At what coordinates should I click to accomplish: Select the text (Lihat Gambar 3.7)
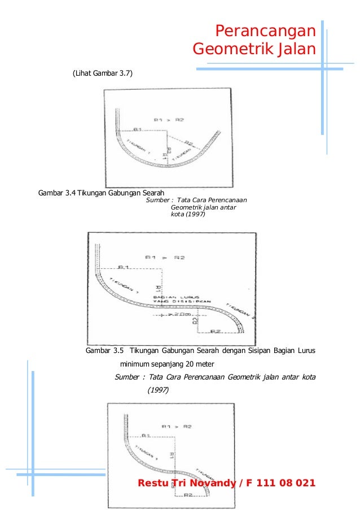coord(102,73)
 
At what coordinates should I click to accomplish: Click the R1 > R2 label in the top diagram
coord(168,119)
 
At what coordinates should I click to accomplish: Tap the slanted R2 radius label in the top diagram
coord(188,142)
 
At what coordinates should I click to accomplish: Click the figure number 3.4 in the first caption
coord(69,194)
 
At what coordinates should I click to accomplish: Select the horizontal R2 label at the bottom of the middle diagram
coord(214,331)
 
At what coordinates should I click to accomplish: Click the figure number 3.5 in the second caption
coord(117,351)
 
